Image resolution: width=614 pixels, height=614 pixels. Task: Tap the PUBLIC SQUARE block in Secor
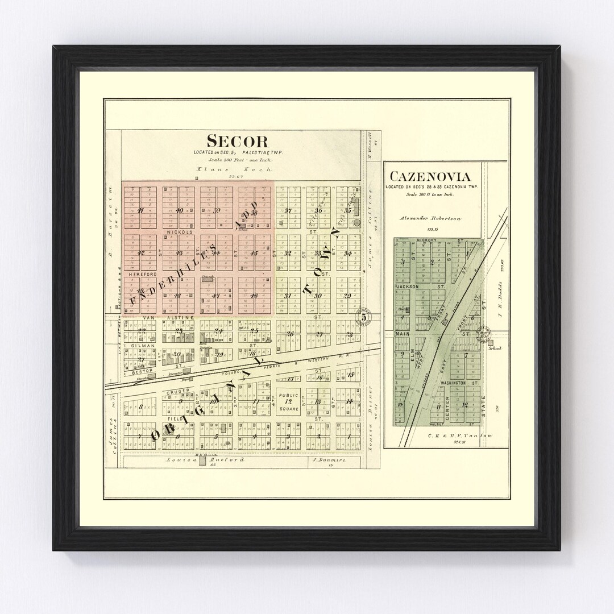point(288,402)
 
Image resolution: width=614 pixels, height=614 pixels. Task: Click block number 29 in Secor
point(347,296)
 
